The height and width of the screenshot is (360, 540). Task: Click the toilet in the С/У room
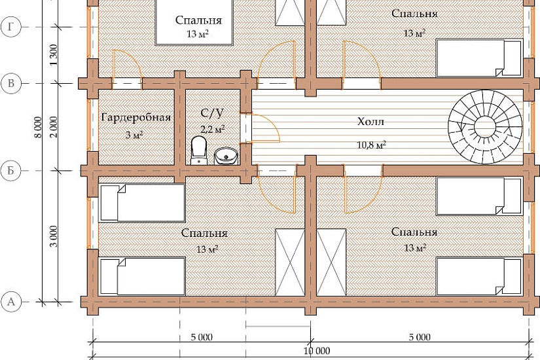[198, 150]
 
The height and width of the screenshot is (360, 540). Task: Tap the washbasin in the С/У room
[226, 156]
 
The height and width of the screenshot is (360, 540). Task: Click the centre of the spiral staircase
[485, 127]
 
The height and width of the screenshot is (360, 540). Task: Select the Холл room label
[370, 122]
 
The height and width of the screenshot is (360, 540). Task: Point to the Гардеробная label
[136, 117]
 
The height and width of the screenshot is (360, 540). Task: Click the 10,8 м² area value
[371, 145]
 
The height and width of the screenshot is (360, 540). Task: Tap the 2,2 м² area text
[213, 129]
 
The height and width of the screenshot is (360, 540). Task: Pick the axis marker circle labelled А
[11, 302]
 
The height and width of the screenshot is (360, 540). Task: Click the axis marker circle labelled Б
[11, 171]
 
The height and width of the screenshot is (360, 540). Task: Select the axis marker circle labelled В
[11, 83]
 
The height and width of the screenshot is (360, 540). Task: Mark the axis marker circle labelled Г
[11, 27]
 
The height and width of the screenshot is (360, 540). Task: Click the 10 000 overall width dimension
[317, 351]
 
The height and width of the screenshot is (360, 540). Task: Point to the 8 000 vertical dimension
[38, 127]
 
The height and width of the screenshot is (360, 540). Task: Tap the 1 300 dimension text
[54, 55]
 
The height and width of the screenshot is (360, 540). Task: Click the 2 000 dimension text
[54, 127]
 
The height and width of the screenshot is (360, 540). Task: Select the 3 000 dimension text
[54, 236]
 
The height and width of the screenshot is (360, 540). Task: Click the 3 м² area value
[134, 135]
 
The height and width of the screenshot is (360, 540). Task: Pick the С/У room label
[212, 113]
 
